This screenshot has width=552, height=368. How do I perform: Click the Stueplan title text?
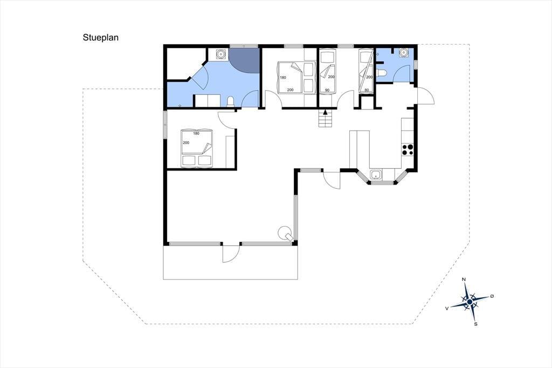pos(101,38)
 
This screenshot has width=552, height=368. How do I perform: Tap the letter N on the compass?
pos(464,280)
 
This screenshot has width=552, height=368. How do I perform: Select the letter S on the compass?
pos(475,324)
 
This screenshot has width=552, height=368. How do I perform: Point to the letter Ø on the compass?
pos(492,296)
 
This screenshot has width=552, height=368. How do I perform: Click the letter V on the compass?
pos(447,308)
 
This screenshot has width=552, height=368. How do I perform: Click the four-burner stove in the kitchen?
pos(408,150)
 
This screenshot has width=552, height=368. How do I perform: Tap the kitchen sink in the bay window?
pos(376,174)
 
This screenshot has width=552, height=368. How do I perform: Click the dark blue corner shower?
pos(244,60)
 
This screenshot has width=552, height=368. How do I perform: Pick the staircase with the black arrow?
pos(326,118)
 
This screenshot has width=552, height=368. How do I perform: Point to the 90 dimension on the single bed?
pos(327,90)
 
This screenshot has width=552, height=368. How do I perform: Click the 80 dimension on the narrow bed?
pos(367,90)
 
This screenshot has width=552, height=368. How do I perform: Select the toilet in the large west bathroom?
pos(231,101)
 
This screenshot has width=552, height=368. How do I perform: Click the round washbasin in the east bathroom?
pos(403,53)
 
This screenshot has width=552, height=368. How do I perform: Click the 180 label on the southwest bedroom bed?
pos(196,133)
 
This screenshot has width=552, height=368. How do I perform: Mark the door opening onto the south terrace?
pos(231,253)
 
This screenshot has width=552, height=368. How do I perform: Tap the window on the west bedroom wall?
pos(165,125)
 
